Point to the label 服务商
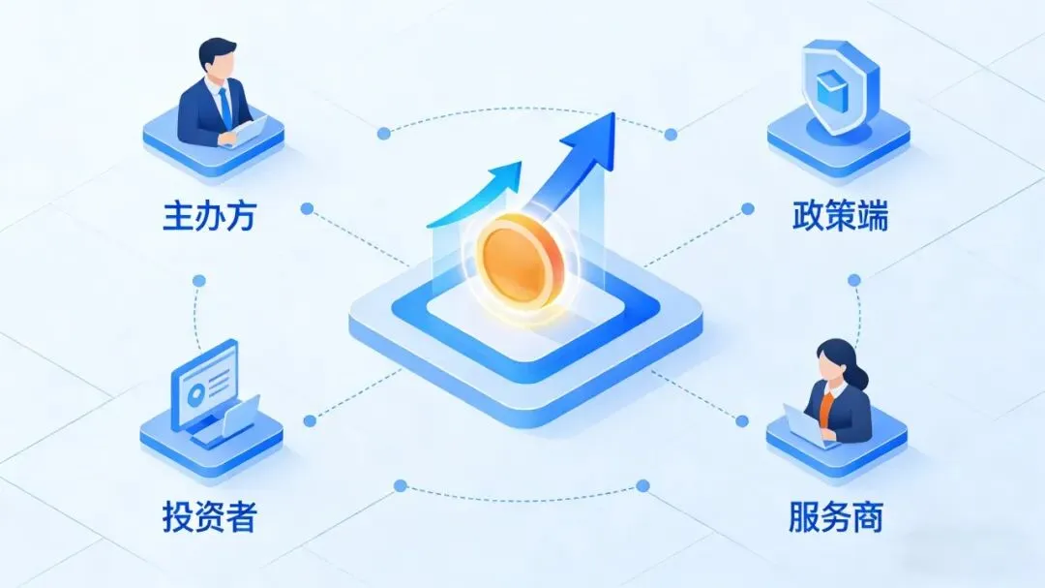pos(836,515)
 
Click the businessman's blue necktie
pos(224,107)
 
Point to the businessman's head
pos(217,59)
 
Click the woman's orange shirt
pos(824,406)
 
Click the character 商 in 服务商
pos(868,515)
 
